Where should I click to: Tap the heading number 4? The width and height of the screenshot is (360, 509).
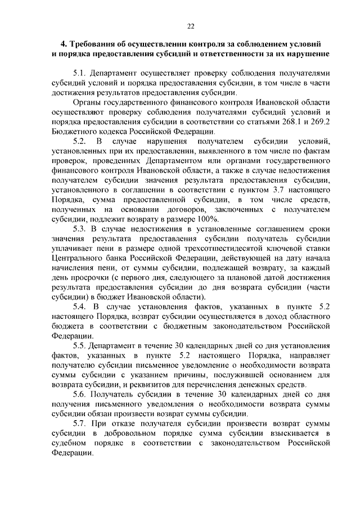[x=64, y=43]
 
